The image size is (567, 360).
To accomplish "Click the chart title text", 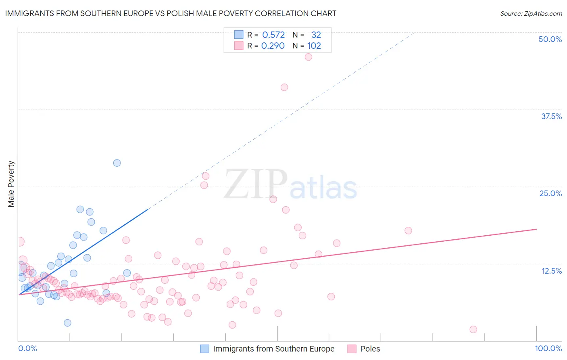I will coord(171,13).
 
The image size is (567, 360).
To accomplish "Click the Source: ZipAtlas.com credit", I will coord(531,13).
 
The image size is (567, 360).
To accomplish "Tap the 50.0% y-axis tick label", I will coord(550,39).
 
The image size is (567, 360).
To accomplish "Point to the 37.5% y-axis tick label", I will coord(551,116).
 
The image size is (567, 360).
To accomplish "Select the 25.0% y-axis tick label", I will coord(550,193).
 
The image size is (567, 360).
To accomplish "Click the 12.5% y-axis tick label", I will coord(551,271).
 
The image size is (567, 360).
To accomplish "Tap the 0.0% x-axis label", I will coord(27,348).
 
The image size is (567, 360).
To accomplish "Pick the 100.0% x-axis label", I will coord(548,348).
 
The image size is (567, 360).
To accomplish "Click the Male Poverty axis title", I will coord(11,184).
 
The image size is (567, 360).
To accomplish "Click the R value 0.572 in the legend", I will coord(273,35).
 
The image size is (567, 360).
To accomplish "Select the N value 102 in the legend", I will coord(314,46).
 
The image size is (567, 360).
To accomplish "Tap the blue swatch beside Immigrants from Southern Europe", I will coord(205,349).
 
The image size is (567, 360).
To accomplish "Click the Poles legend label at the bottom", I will coord(370,349).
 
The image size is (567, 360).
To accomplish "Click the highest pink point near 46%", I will coord(309,57).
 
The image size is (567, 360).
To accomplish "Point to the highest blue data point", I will coord(117,163).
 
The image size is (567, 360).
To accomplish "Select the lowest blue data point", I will coord(67,323).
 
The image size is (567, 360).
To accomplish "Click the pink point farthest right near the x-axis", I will coord(473,329).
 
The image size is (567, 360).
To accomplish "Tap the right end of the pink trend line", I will coord(536,229).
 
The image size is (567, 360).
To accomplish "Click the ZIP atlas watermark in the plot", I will coord(290,185).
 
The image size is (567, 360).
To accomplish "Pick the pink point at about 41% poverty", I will coord(284,87).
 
